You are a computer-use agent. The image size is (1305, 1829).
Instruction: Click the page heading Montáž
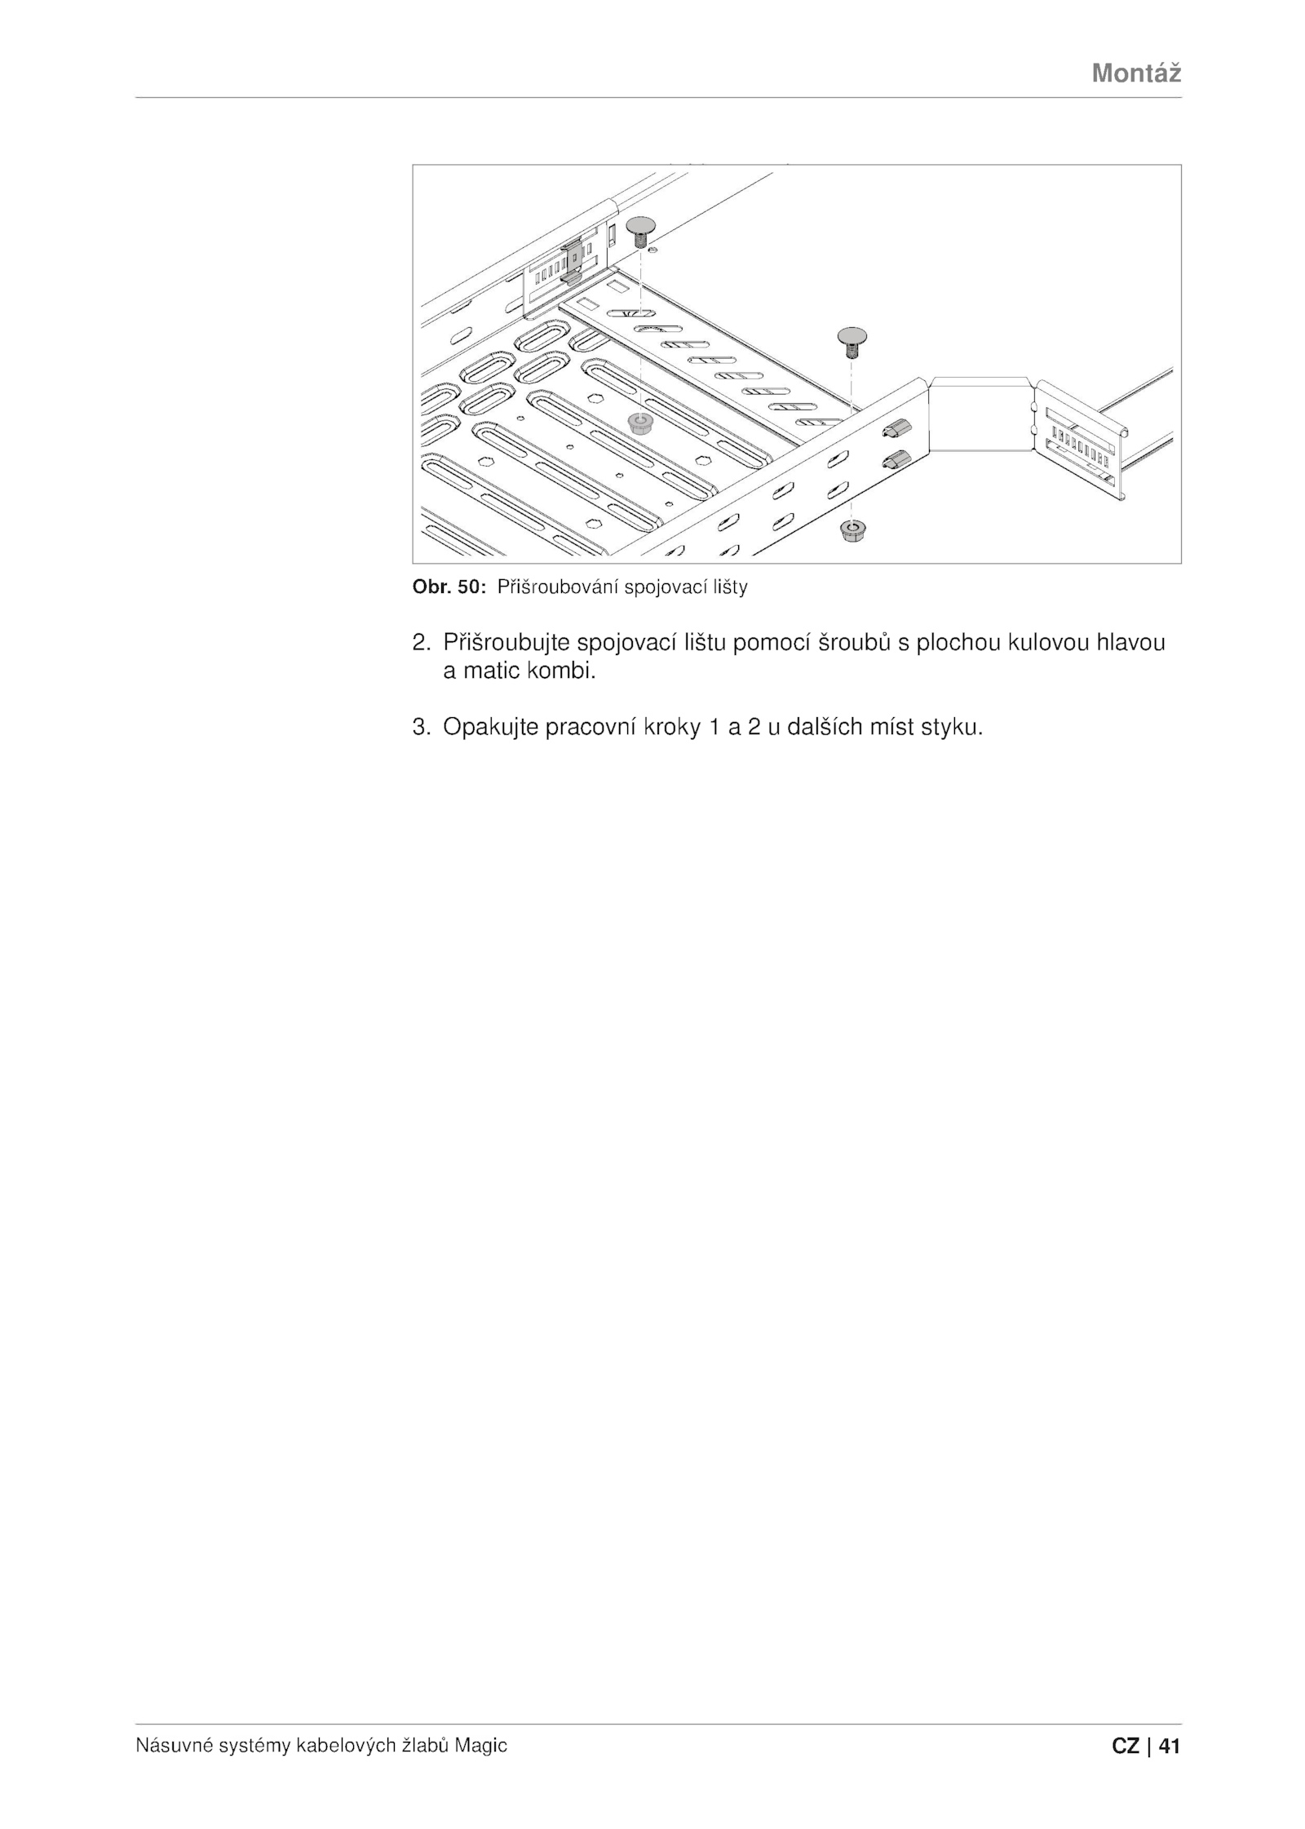1136,73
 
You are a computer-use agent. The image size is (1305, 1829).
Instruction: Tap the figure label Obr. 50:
449,587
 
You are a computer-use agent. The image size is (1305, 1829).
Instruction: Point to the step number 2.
421,643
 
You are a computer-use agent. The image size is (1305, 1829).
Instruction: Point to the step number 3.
421,727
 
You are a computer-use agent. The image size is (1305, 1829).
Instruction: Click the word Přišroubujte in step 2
506,644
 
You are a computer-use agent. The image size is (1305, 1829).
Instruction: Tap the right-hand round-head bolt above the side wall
851,342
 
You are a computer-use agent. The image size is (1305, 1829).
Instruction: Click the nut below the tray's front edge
852,533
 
